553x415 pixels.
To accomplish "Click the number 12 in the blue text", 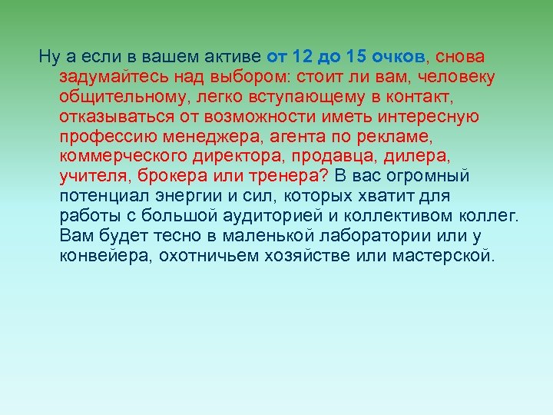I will point(306,56).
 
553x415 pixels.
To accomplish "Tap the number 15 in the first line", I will point(357,56).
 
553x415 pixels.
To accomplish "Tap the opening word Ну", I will point(48,56).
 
